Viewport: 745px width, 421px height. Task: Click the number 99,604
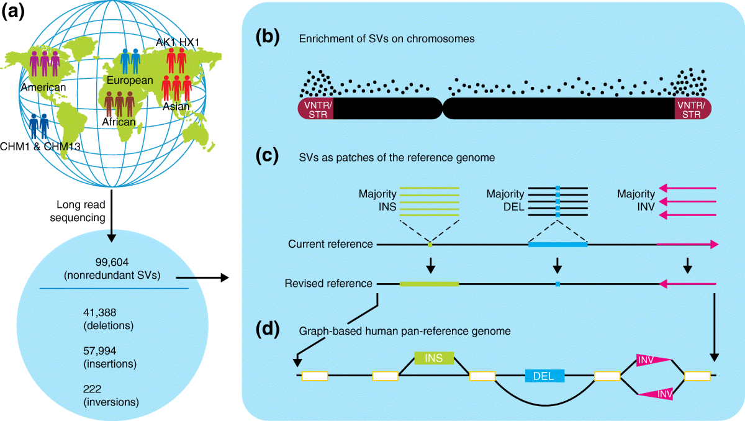coord(112,263)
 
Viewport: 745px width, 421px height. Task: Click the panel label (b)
coord(267,37)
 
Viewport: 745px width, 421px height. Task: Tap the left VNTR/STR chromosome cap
coord(316,109)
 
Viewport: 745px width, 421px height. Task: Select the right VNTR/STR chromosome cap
coord(693,109)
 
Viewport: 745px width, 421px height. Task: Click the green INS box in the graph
coord(434,358)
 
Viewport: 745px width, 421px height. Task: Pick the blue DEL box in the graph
coord(544,376)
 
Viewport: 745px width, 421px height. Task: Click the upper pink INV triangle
coord(650,360)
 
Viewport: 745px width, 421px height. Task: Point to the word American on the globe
coord(43,88)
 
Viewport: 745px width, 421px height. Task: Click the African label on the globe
coord(119,122)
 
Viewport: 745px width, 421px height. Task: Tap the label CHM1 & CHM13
coord(40,147)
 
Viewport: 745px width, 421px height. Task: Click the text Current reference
coord(330,244)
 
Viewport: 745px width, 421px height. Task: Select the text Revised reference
coord(328,283)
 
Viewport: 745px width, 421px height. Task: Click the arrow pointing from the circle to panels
coord(202,278)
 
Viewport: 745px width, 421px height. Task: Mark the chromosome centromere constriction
coord(443,109)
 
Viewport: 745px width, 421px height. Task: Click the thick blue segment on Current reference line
coord(558,245)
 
